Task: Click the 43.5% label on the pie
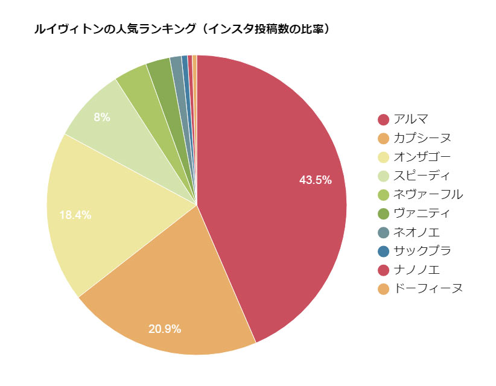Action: tap(316, 179)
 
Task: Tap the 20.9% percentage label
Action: tap(165, 329)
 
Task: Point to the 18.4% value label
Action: tap(75, 215)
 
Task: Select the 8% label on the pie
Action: tap(102, 118)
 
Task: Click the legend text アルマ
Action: tap(410, 119)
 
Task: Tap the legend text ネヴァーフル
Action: tap(428, 194)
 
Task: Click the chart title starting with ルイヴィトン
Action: tap(182, 29)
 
